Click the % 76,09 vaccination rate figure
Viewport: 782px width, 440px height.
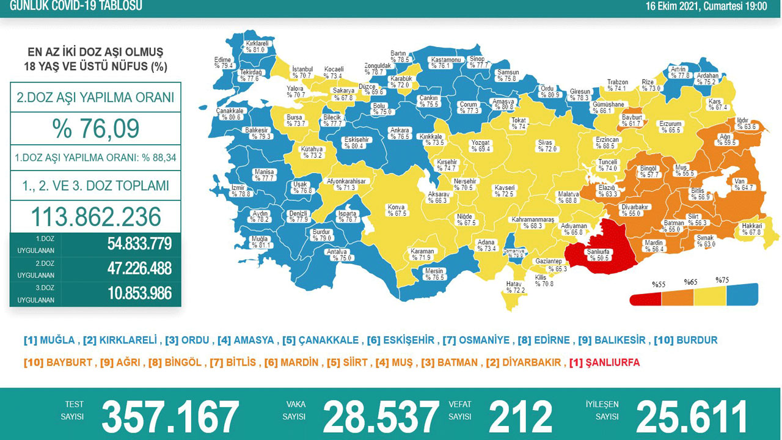(96, 128)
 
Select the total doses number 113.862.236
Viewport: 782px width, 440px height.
(96, 216)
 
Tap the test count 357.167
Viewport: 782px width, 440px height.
(170, 417)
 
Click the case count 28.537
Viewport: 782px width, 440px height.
(381, 417)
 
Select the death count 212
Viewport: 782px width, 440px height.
(520, 417)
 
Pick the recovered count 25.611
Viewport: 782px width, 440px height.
(692, 417)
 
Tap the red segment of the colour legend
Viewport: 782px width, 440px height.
(646, 297)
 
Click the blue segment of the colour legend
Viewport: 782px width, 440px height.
(742, 295)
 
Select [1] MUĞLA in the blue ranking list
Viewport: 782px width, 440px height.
(49, 340)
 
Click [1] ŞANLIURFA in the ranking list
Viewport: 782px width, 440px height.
(604, 362)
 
